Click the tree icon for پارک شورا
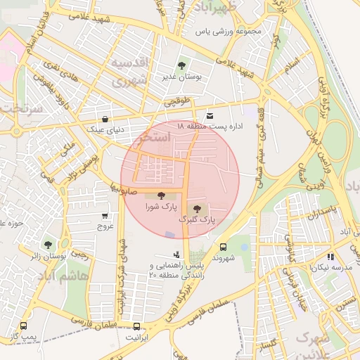[x=162, y=196]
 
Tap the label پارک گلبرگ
[x=197, y=220]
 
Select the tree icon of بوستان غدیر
[x=182, y=65]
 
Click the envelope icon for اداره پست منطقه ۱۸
[x=210, y=115]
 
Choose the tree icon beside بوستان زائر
[x=48, y=245]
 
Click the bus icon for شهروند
[x=223, y=247]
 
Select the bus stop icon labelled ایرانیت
[x=136, y=326]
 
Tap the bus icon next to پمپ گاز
[x=23, y=326]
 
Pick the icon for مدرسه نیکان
[x=330, y=257]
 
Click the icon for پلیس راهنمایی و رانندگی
[x=176, y=255]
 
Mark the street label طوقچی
[x=177, y=103]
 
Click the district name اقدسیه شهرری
[x=128, y=72]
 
